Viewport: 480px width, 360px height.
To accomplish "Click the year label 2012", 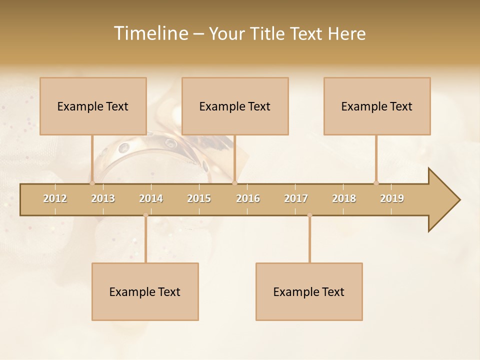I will pos(55,198).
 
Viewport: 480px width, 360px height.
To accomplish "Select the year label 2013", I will pos(103,198).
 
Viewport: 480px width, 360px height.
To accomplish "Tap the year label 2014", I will pos(151,198).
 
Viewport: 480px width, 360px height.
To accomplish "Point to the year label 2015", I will pos(199,198).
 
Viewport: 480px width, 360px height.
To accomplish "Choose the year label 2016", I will pos(248,198).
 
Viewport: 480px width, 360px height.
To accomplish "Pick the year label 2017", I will pos(296,198).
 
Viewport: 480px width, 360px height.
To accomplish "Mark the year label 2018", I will pos(344,198).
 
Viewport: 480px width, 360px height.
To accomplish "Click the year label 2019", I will pos(392,198).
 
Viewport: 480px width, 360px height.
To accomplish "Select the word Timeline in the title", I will pos(150,33).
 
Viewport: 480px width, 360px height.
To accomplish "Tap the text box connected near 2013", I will pos(93,106).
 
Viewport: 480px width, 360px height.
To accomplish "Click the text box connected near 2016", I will pos(235,106).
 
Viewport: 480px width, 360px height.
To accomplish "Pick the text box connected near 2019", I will pos(377,106).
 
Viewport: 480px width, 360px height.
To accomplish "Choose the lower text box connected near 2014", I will pos(145,291).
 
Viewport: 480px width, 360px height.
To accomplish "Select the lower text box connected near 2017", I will pos(309,291).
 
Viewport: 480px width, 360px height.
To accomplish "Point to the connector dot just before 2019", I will pos(376,183).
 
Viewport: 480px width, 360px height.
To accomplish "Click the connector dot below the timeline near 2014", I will pos(145,215).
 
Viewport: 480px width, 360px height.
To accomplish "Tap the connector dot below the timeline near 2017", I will pos(309,215).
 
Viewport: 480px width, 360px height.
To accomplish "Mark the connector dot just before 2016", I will pos(234,183).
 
